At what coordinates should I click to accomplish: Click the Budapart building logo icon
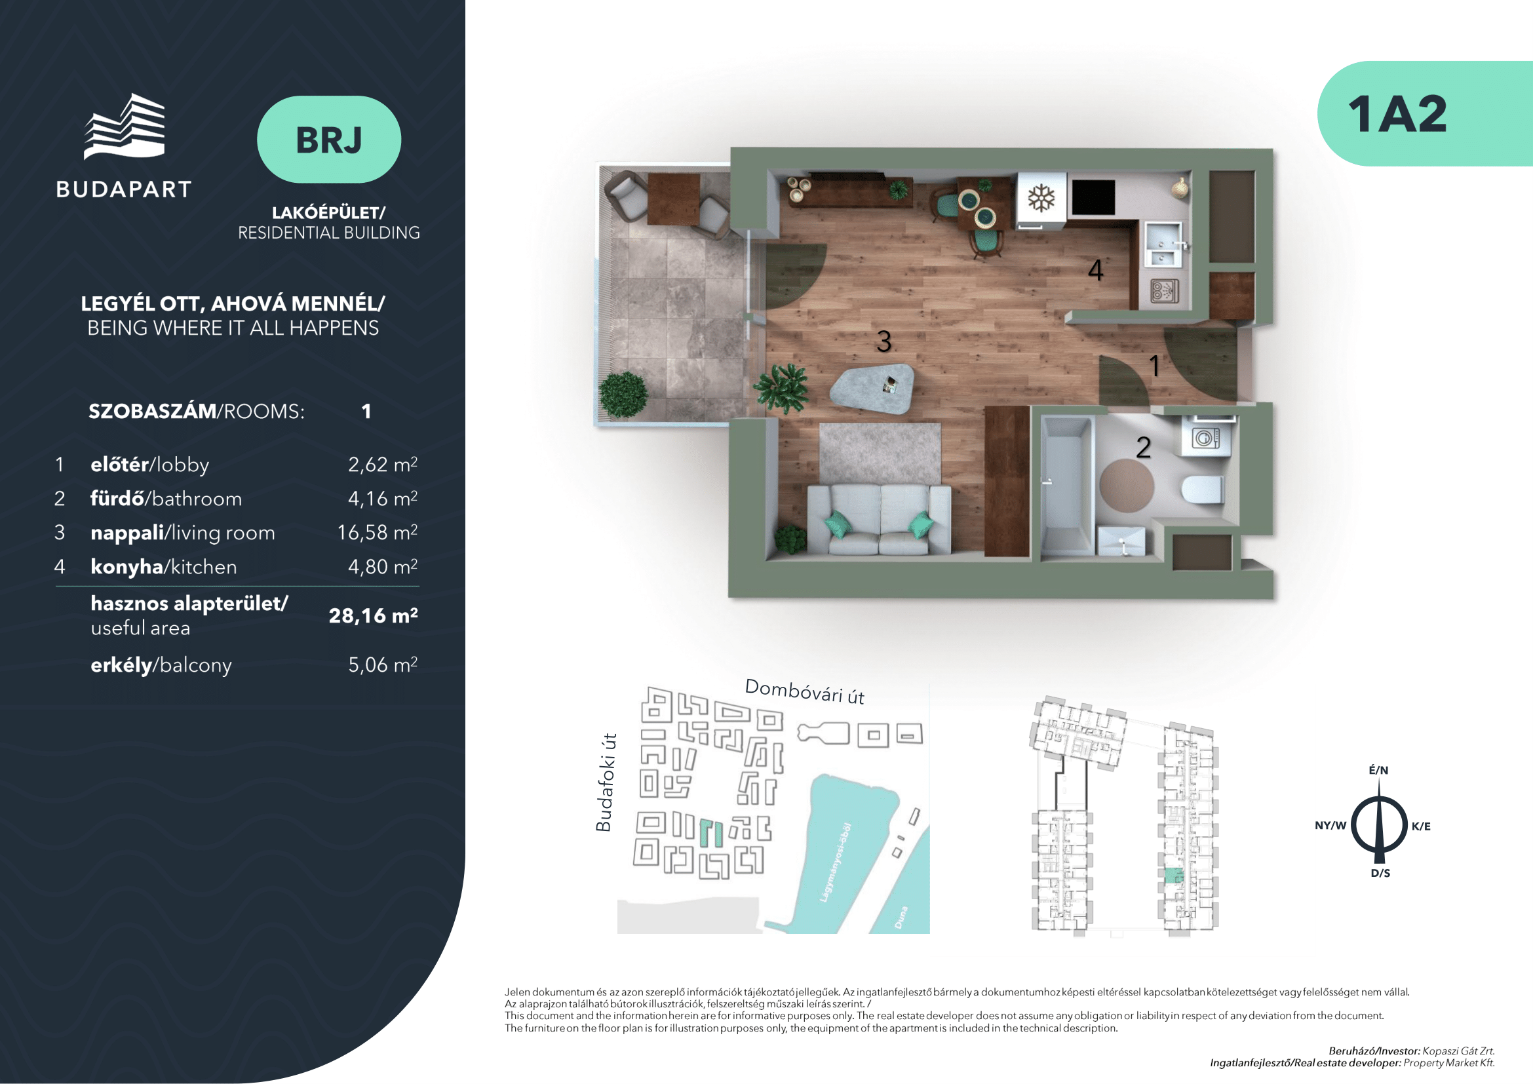[124, 126]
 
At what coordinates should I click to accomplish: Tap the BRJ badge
[329, 140]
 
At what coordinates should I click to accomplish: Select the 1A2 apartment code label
[1397, 114]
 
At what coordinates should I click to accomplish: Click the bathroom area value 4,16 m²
[383, 498]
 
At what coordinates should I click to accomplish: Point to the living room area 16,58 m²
[378, 532]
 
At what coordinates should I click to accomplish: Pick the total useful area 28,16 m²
[373, 615]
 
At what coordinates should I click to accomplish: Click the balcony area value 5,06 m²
[383, 664]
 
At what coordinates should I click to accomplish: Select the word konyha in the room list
[127, 567]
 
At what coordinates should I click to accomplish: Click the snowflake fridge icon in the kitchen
[1041, 198]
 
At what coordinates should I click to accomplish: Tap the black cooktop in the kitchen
[1094, 197]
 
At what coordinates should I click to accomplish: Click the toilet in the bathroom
[1203, 490]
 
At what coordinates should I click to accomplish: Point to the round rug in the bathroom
[1127, 485]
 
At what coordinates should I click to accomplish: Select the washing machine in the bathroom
[1207, 437]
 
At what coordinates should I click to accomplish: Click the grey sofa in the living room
[879, 519]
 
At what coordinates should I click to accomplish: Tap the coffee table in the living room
[872, 388]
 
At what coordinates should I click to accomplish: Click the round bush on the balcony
[623, 394]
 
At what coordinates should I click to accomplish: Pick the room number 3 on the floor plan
[884, 341]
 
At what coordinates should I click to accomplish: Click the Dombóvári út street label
[805, 691]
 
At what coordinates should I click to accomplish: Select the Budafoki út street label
[605, 782]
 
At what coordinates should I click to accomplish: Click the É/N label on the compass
[1379, 770]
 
